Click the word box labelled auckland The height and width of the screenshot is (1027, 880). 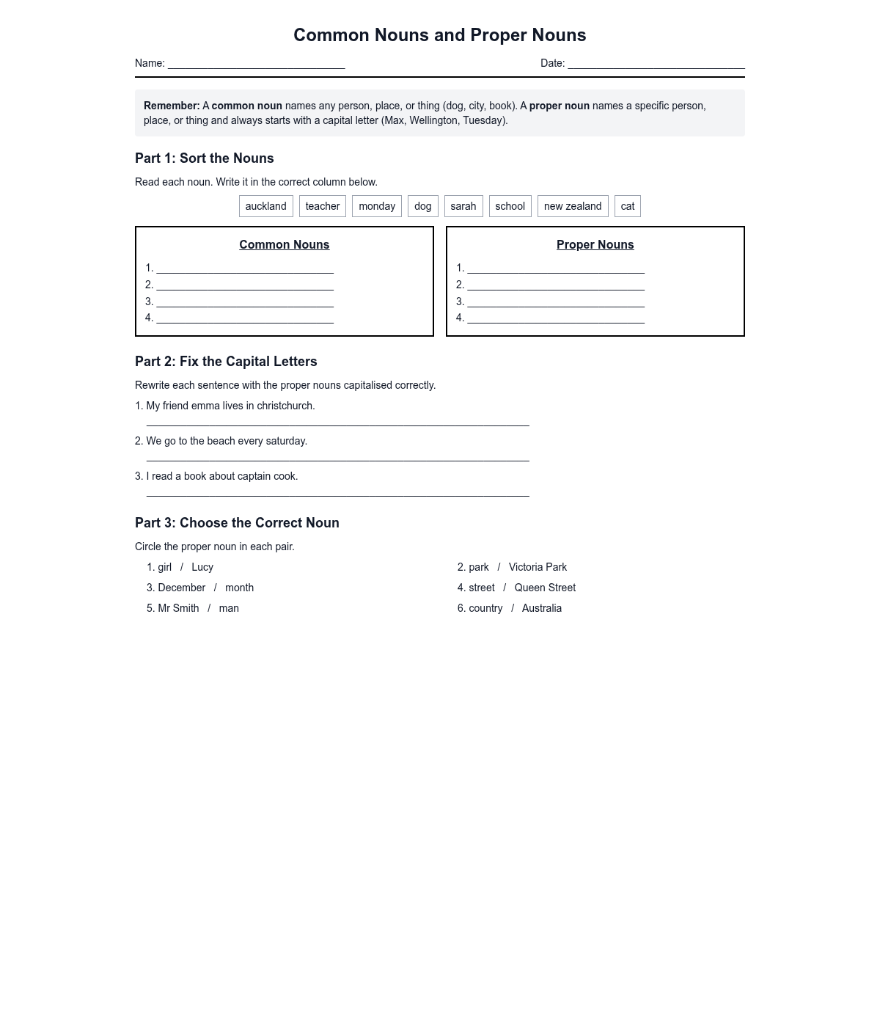pyautogui.click(x=265, y=206)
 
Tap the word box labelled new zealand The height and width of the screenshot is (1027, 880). pyautogui.click(x=573, y=206)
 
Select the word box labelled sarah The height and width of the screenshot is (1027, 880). pyautogui.click(x=463, y=206)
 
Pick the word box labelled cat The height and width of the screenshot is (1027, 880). pyautogui.click(x=628, y=206)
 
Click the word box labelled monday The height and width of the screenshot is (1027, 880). pyautogui.click(x=377, y=206)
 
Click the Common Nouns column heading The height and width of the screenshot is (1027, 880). pyautogui.click(x=285, y=245)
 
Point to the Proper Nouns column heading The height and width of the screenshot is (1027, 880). pyautogui.click(x=595, y=245)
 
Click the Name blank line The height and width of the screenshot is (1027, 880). pyautogui.click(x=256, y=65)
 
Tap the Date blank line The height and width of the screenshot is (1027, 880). pyautogui.click(x=656, y=65)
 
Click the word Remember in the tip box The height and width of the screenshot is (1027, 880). pyautogui.click(x=171, y=106)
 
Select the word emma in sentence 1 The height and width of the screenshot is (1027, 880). pyautogui.click(x=205, y=406)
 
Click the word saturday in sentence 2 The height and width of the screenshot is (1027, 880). pyautogui.click(x=285, y=441)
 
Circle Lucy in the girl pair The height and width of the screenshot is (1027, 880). pyautogui.click(x=202, y=567)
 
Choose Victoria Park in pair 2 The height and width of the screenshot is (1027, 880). pyautogui.click(x=538, y=567)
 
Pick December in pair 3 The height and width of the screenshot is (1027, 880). pyautogui.click(x=181, y=588)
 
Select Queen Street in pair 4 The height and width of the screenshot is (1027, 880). pyautogui.click(x=545, y=588)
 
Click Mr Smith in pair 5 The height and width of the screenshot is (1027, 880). pyautogui.click(x=178, y=608)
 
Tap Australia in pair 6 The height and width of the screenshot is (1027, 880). pyautogui.click(x=542, y=608)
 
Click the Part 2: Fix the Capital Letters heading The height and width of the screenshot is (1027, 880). pyautogui.click(x=226, y=362)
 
